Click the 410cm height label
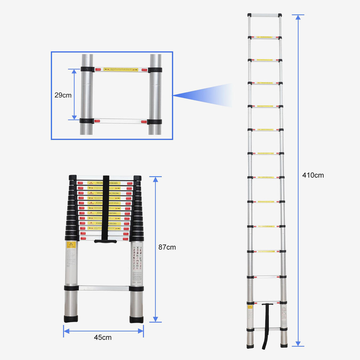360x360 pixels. (x=313, y=175)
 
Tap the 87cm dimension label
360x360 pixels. (x=167, y=247)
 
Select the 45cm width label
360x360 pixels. (x=103, y=337)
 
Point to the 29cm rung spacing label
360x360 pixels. (x=63, y=95)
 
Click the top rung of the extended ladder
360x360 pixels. (x=265, y=15)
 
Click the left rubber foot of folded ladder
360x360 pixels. (x=71, y=319)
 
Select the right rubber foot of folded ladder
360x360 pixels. (x=136, y=319)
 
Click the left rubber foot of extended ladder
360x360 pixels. (x=250, y=345)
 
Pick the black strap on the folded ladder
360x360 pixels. (x=106, y=208)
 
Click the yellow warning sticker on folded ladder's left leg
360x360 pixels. (x=71, y=245)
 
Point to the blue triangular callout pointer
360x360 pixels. (x=201, y=95)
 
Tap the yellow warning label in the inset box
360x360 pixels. (x=121, y=70)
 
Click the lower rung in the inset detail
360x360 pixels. (x=121, y=121)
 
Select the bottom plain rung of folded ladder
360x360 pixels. (x=104, y=288)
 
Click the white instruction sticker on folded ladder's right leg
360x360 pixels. (x=136, y=264)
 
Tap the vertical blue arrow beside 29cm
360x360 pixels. (x=74, y=94)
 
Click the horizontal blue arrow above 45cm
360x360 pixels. (x=103, y=331)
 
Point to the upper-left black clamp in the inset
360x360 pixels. (x=87, y=70)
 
